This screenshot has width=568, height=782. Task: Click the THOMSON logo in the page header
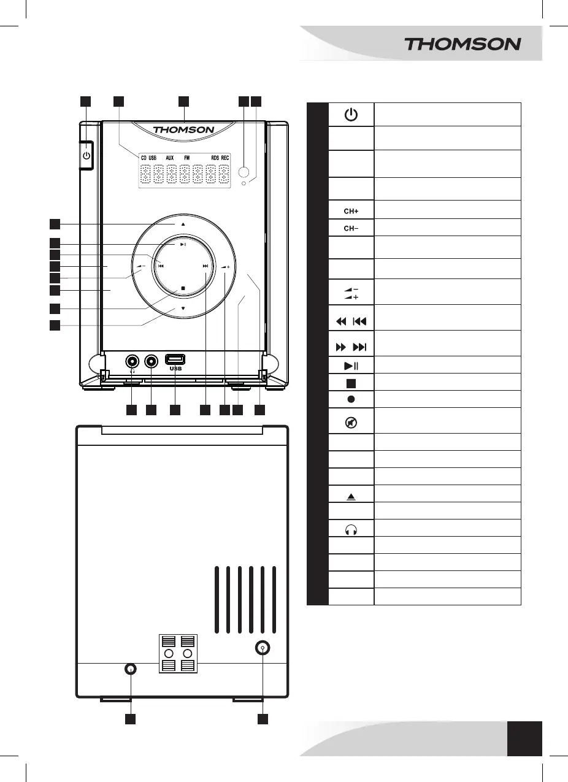tap(462, 44)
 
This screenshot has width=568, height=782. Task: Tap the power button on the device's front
tap(86, 156)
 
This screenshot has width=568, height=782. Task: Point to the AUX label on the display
tap(170, 158)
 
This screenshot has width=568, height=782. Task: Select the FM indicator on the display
tap(186, 158)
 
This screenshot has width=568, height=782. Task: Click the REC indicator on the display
tap(225, 158)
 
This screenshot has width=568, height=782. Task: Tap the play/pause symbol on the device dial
tap(183, 244)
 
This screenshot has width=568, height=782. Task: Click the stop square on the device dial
tap(183, 288)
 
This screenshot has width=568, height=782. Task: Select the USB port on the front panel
tap(175, 359)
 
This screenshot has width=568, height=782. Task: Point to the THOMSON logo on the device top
tap(183, 129)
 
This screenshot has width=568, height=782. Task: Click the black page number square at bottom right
tap(525, 738)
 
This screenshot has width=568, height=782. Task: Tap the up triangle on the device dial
tap(183, 224)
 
